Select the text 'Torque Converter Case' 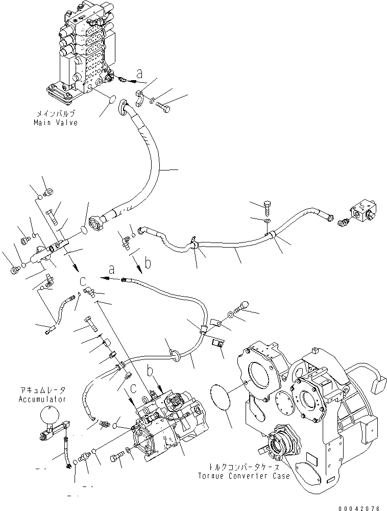[x=245, y=476]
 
